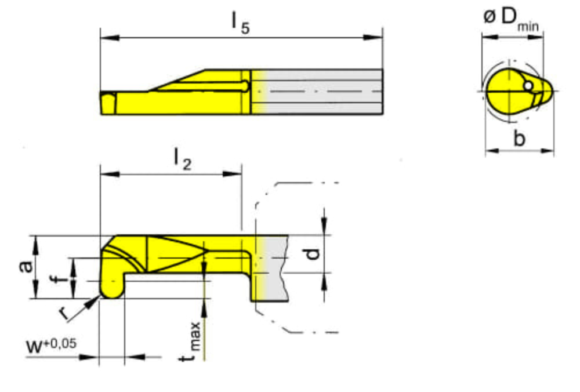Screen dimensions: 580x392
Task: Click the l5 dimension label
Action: pyautogui.click(x=241, y=24)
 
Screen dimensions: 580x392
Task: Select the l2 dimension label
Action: pyautogui.click(x=183, y=160)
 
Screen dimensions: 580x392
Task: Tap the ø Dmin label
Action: pyautogui.click(x=511, y=19)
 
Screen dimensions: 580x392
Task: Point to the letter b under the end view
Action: pyautogui.click(x=519, y=139)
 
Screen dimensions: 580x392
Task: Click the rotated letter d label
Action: pyautogui.click(x=313, y=253)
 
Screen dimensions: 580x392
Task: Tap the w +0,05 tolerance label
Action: pyautogui.click(x=51, y=346)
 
